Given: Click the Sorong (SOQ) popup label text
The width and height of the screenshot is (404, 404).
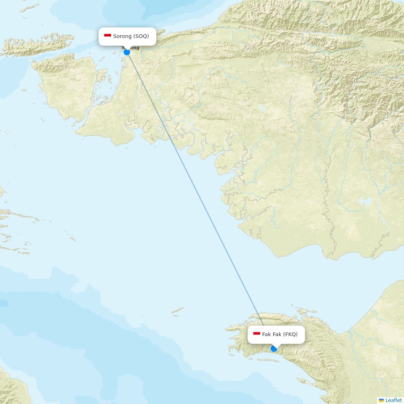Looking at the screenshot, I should [x=131, y=36].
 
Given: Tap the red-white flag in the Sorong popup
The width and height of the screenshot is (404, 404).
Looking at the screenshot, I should [x=107, y=36].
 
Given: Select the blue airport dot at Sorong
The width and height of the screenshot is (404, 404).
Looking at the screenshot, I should [x=127, y=52].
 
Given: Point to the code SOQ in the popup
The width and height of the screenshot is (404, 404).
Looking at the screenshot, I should [x=141, y=36].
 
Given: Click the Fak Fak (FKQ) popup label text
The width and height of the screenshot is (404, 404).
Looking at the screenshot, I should [x=280, y=334].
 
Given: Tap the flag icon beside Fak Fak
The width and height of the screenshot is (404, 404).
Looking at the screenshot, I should [x=257, y=334].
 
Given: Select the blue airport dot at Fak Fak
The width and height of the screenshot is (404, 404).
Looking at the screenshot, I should [x=274, y=349].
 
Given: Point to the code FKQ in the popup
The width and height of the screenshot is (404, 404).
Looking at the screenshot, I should [x=290, y=334].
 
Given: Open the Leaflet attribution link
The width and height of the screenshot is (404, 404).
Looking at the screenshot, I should [x=393, y=400].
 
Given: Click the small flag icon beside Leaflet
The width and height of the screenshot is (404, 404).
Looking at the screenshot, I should [x=381, y=400].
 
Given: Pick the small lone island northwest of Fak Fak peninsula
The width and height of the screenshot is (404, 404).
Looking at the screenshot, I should [x=178, y=310].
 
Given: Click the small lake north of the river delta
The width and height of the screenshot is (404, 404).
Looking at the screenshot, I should [x=263, y=108].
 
